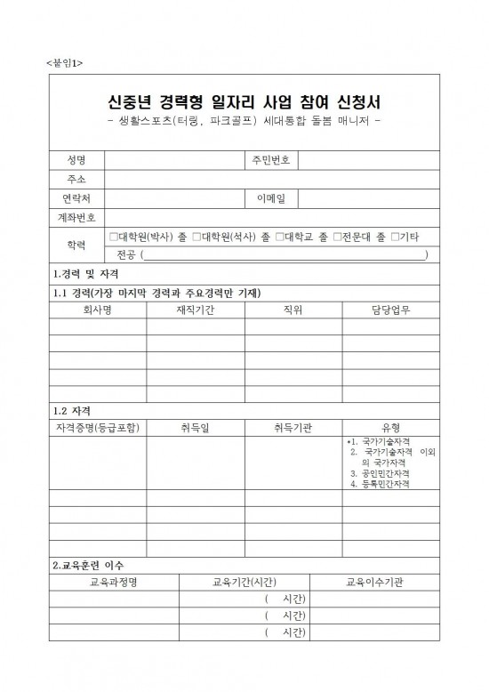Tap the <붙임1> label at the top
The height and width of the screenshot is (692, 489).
point(63,63)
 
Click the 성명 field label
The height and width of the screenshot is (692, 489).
point(76,160)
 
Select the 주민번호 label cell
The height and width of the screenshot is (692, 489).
point(271,160)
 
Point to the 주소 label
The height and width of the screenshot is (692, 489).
point(76,179)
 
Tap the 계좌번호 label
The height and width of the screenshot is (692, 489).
point(76,218)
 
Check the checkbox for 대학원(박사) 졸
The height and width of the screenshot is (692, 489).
point(112,237)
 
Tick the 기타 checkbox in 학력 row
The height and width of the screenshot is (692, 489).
point(395,237)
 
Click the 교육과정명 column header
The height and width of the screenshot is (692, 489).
point(114,582)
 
